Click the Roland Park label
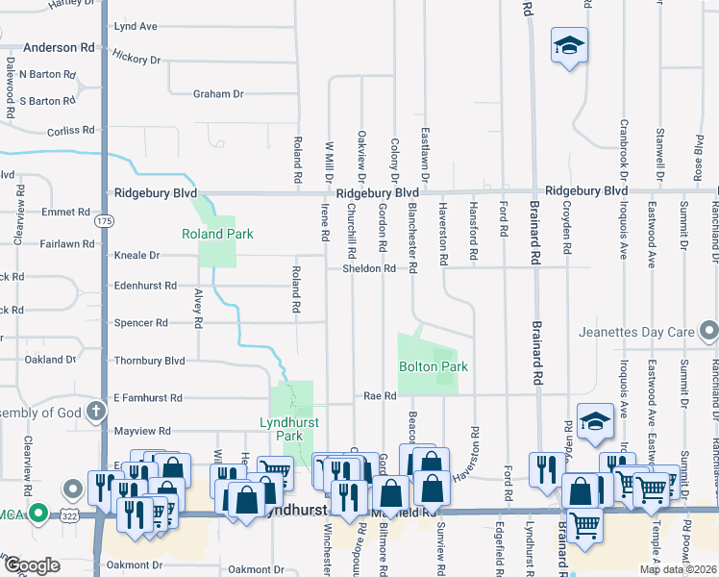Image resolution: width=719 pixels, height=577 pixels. (217, 234)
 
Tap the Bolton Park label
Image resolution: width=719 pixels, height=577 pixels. (434, 367)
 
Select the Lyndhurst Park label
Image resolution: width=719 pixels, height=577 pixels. (289, 429)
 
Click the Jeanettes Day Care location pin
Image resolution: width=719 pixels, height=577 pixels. (709, 333)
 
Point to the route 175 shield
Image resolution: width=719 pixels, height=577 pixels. (104, 222)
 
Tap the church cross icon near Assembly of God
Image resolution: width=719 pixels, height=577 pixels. (95, 413)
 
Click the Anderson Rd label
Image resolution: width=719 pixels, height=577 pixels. (60, 46)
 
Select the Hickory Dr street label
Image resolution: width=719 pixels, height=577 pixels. (136, 60)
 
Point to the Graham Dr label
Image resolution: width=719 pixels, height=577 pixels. (218, 94)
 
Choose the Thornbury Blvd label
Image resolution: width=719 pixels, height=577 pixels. (149, 361)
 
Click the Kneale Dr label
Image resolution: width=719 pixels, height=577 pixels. (136, 256)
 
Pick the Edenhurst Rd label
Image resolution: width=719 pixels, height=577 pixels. (145, 286)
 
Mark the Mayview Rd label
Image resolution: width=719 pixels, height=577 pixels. (142, 432)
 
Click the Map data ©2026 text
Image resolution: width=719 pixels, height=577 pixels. (676, 569)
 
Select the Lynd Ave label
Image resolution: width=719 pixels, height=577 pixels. (136, 26)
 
